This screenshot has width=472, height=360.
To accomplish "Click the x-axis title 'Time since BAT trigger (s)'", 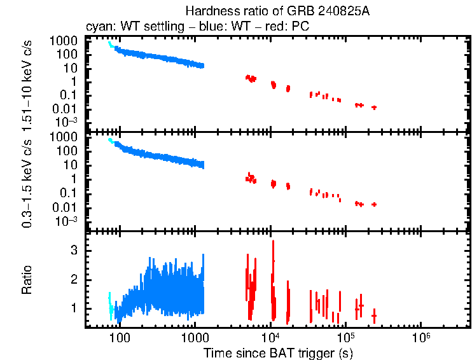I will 278,352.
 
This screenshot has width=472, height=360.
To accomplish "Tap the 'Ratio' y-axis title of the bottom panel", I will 27,280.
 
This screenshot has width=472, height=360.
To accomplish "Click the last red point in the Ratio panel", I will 374,315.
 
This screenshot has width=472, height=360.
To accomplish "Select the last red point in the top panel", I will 374,107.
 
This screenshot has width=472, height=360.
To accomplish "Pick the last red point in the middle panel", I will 374,204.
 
